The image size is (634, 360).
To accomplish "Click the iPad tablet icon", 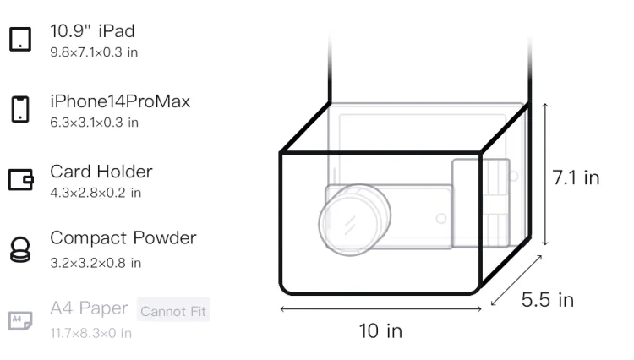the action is [20, 39].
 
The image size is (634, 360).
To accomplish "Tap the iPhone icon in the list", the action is [20, 109].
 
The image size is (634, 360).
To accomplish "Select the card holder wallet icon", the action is [20, 179].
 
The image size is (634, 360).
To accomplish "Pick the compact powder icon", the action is [20, 249].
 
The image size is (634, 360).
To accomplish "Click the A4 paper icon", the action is [20, 321].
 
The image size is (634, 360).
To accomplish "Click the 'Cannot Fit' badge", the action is [173, 310].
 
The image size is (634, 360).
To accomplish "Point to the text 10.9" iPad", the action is [92, 31].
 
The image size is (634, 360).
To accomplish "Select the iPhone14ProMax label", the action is [120, 101].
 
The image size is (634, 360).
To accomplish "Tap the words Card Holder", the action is [101, 172].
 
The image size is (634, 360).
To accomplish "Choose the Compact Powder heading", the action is [123, 238].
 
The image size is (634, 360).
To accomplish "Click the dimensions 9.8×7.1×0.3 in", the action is [94, 52].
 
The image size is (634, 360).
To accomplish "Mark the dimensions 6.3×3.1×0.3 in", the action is [94, 123].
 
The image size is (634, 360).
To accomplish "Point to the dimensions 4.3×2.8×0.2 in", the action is [96, 193].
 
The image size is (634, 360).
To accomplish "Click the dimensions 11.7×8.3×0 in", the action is [91, 333].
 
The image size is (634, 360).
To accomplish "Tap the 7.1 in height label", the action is [576, 177].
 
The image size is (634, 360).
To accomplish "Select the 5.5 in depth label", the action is [548, 300].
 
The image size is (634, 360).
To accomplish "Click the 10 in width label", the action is [380, 331].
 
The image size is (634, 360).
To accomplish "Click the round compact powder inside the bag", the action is [354, 221].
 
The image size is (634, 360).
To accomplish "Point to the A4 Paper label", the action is [89, 308].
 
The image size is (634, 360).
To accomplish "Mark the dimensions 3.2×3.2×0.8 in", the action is [96, 263].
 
